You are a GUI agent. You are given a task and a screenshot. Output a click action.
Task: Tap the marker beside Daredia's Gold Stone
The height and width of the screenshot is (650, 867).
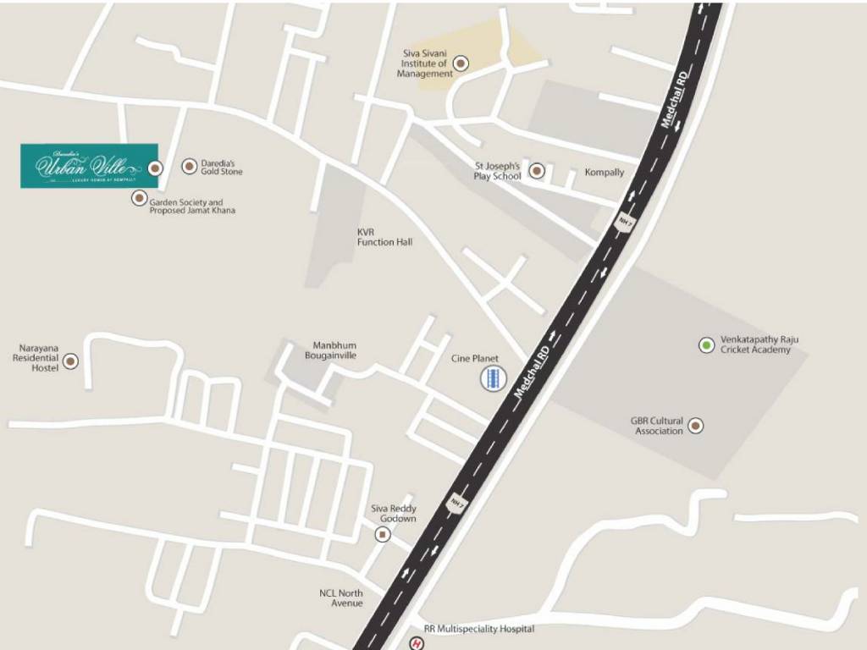[189, 166]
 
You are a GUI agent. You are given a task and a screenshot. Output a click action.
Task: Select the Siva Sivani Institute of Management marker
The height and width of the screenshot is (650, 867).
[461, 63]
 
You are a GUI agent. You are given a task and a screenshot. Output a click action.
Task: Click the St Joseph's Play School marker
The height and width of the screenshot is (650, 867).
[537, 172]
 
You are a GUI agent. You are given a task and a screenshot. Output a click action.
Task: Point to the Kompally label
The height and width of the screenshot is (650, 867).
[605, 173]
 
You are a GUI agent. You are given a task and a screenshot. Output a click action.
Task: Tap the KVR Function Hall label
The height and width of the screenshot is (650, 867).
[384, 237]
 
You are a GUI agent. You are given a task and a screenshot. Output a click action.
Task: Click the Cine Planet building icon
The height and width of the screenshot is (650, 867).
[492, 379]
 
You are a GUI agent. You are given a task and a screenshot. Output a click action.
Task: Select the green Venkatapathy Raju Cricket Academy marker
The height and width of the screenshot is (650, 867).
[706, 344]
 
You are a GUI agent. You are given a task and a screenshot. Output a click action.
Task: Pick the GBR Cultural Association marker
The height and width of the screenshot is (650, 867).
[696, 426]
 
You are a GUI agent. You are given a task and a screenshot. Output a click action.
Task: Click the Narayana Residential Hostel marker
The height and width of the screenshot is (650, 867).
[71, 361]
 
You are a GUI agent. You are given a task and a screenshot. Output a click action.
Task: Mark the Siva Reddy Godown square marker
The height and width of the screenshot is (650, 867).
[383, 535]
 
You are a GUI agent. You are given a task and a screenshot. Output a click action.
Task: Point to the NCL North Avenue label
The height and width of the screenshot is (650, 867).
[341, 598]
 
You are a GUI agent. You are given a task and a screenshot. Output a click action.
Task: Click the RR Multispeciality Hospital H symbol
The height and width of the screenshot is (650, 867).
[416, 644]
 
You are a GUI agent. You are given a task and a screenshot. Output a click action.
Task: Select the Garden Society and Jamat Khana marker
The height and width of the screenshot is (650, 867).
[139, 198]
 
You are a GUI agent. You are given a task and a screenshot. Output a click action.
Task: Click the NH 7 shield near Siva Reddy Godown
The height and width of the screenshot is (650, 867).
[457, 502]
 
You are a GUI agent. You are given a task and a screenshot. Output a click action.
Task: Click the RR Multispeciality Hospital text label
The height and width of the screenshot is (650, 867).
[479, 630]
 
